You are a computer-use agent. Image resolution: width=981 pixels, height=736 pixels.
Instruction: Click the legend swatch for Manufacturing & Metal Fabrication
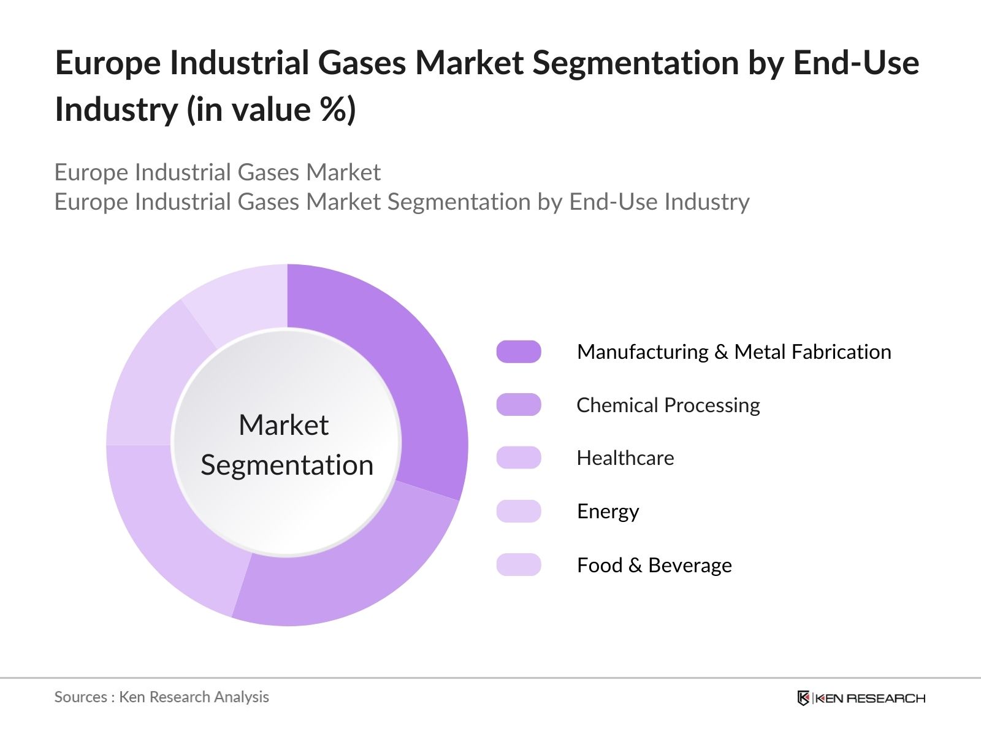519,352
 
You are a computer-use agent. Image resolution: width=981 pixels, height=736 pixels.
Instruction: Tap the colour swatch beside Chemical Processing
519,405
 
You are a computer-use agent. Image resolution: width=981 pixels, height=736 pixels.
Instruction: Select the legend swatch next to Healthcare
519,458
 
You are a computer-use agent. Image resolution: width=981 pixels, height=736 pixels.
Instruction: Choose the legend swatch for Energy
519,512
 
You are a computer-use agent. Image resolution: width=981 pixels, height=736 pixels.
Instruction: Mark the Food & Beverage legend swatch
519,565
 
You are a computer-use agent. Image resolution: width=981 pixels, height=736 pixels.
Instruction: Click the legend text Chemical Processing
668,405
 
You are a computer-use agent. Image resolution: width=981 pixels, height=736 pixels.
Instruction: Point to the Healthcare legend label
625,458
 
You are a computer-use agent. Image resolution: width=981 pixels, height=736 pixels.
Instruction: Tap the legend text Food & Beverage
654,565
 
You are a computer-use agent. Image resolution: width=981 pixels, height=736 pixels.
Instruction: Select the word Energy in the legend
608,512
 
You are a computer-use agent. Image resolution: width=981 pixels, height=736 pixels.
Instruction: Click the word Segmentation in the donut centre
287,465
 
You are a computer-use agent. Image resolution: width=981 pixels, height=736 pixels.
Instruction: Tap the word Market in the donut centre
283,425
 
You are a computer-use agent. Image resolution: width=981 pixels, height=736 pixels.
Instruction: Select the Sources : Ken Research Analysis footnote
161,697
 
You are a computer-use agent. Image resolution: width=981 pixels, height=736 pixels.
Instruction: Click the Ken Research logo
861,698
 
